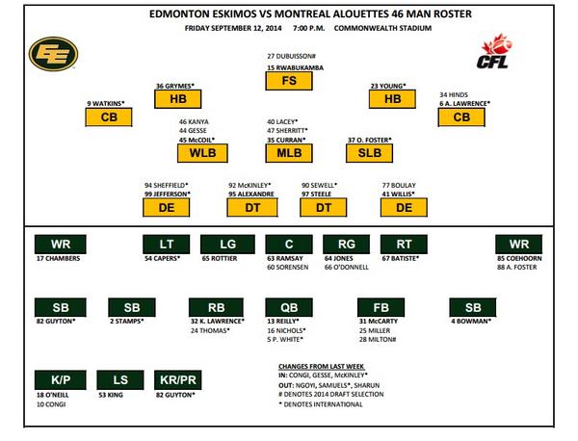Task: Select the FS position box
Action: point(289,82)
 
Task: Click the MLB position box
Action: point(289,152)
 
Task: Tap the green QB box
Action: point(289,308)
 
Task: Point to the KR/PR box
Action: point(177,380)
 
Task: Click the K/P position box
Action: point(56,380)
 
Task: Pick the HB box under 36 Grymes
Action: point(177,99)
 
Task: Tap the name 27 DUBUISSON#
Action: point(292,57)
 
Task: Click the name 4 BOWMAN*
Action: point(472,322)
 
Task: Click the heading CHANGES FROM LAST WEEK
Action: point(318,367)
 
